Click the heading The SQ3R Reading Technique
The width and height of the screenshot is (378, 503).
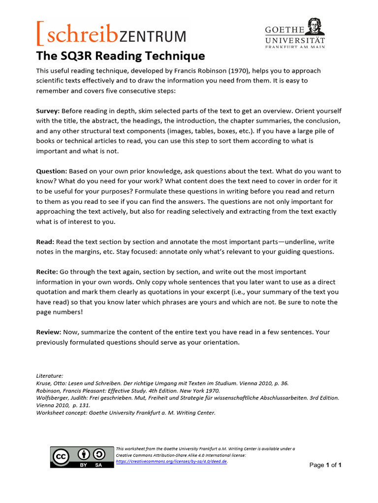120,56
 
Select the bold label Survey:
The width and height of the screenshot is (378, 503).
48,111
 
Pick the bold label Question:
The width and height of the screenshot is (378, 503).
51,171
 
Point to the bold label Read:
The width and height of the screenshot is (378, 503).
45,242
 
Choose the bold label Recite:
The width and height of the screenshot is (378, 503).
47,272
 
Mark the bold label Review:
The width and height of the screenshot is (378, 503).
48,332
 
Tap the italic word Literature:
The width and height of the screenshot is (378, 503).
49,375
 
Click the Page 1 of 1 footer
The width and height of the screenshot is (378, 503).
325,465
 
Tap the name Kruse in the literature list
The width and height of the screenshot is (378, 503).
44,383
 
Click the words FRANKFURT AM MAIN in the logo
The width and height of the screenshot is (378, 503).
295,47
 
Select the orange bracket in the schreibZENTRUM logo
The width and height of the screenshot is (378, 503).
40,33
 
